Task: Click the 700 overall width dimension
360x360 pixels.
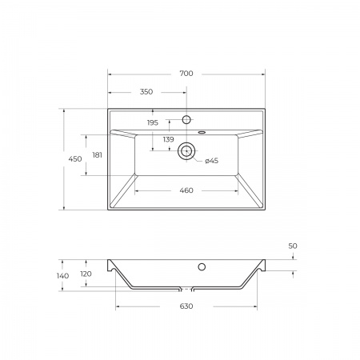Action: pyautogui.click(x=186, y=74)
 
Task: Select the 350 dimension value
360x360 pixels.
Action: pyautogui.click(x=146, y=92)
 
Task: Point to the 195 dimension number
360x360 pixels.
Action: pyautogui.click(x=152, y=122)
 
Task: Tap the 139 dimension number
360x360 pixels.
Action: pyautogui.click(x=168, y=139)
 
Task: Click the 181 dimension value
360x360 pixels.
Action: pyautogui.click(x=98, y=154)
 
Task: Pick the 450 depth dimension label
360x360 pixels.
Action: pyautogui.click(x=74, y=159)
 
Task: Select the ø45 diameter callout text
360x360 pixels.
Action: pyautogui.click(x=212, y=161)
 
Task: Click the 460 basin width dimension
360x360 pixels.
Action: pyautogui.click(x=186, y=190)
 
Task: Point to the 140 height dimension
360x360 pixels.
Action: pyautogui.click(x=63, y=275)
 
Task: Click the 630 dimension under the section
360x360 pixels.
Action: pyautogui.click(x=186, y=306)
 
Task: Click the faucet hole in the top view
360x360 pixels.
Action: pyautogui.click(x=186, y=119)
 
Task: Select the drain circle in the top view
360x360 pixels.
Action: pyautogui.click(x=186, y=150)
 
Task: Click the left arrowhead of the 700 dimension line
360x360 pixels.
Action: pyautogui.click(x=110, y=74)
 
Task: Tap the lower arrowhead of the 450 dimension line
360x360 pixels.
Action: pyautogui.click(x=63, y=208)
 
